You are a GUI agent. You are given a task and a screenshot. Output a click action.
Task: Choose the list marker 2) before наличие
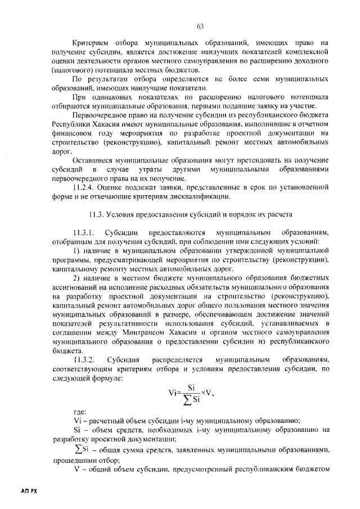(x=76, y=278)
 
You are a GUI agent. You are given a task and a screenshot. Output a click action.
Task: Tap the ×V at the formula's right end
(x=206, y=394)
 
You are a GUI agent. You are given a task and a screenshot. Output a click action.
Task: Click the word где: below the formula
(x=80, y=412)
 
